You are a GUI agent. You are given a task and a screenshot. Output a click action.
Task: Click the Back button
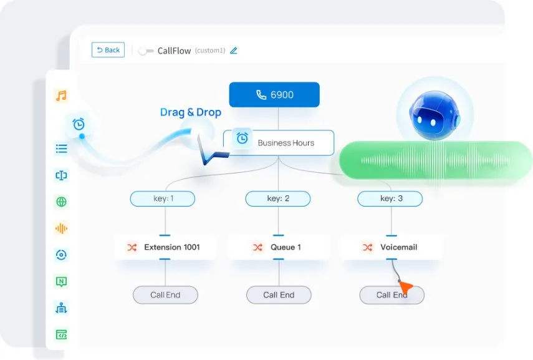pos(108,50)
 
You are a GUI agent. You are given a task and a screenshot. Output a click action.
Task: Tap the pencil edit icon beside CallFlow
pos(234,51)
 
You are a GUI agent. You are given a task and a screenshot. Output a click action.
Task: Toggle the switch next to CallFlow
pos(146,51)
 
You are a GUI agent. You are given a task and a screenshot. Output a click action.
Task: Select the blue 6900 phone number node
pos(274,95)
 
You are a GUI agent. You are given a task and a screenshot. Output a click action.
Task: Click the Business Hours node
pos(279,143)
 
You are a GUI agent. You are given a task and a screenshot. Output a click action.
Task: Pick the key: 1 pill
pos(163,198)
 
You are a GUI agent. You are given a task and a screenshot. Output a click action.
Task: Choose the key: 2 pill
pos(278,198)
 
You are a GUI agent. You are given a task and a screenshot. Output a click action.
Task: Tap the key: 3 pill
pos(390,198)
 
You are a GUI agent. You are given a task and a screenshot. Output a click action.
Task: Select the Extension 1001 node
pos(165,247)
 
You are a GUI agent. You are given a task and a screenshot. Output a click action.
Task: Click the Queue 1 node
pos(279,247)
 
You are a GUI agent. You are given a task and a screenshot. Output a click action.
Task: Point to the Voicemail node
pos(391,247)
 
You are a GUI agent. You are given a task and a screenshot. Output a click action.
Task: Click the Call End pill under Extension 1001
pos(165,295)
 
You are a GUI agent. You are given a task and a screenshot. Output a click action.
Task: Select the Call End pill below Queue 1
pos(279,295)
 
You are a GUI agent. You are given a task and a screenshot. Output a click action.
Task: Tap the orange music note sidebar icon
pos(62,95)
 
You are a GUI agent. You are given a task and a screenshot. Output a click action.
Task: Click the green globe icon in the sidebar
pos(61,202)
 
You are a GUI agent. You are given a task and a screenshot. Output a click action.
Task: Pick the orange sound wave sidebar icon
pos(61,228)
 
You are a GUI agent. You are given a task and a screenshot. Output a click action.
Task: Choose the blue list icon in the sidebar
pos(61,148)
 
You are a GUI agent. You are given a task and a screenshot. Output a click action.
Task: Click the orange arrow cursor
pos(405,287)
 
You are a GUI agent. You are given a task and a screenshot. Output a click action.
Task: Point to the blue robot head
pos(435,115)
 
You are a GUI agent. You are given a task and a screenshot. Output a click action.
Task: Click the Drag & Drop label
pos(191,112)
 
